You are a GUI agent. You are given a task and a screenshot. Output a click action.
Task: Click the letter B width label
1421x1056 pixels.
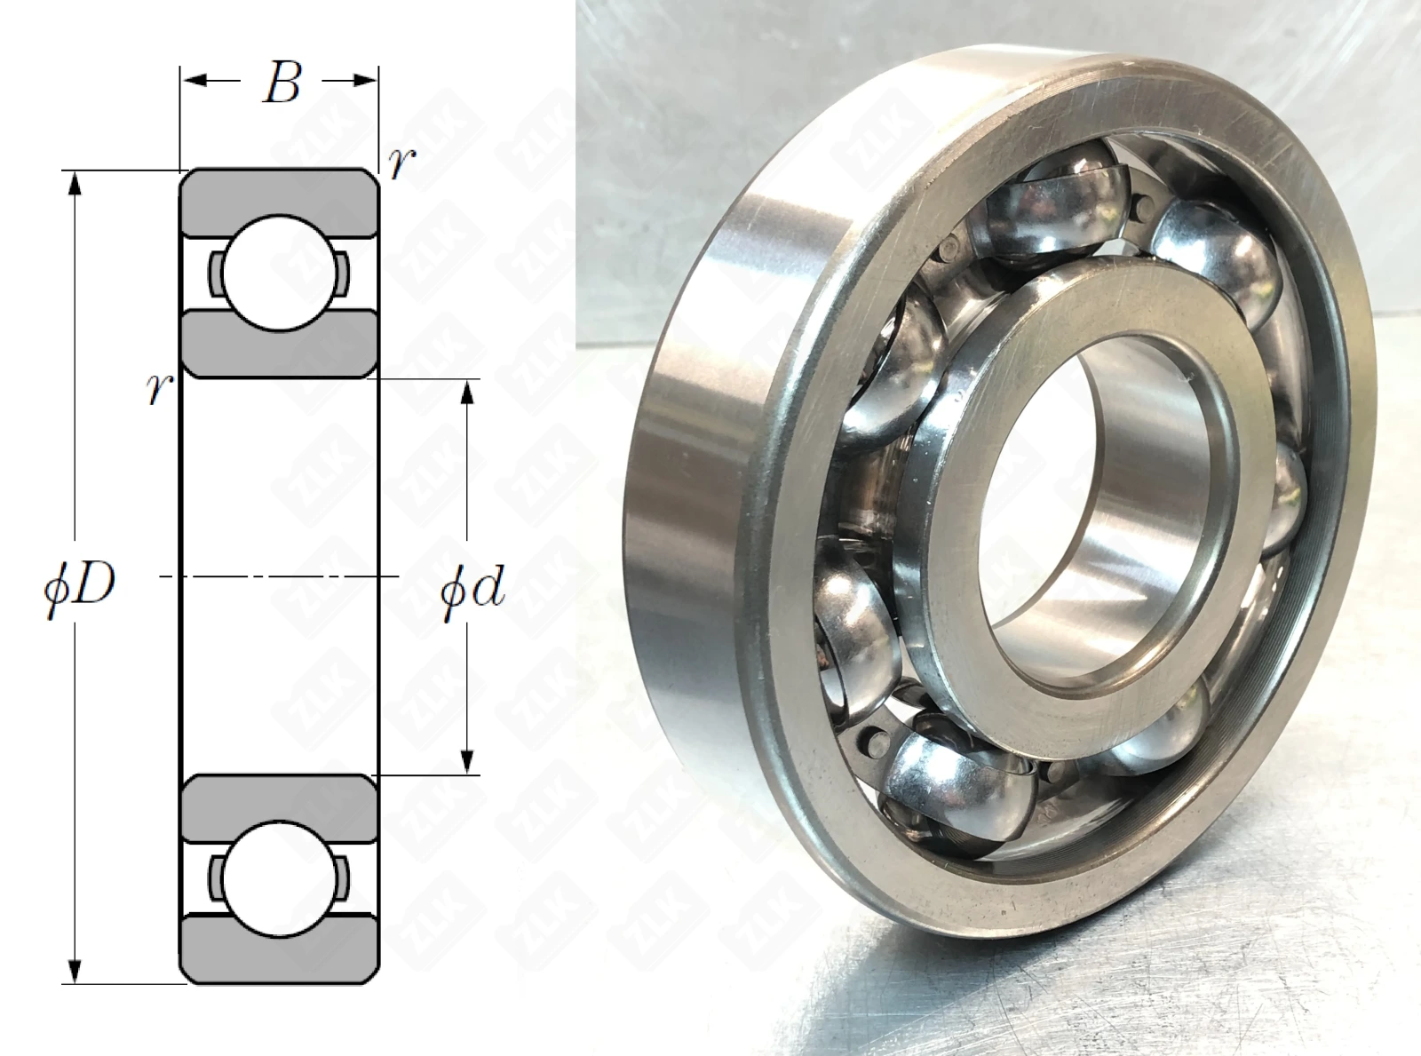point(282,83)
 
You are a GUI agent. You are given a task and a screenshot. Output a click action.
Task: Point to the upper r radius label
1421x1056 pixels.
point(402,163)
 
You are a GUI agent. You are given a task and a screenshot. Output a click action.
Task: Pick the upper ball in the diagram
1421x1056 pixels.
point(280,273)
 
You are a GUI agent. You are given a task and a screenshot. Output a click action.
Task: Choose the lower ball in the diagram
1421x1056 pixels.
point(280,879)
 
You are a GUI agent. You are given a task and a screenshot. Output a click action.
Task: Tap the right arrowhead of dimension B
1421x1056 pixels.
point(364,81)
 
